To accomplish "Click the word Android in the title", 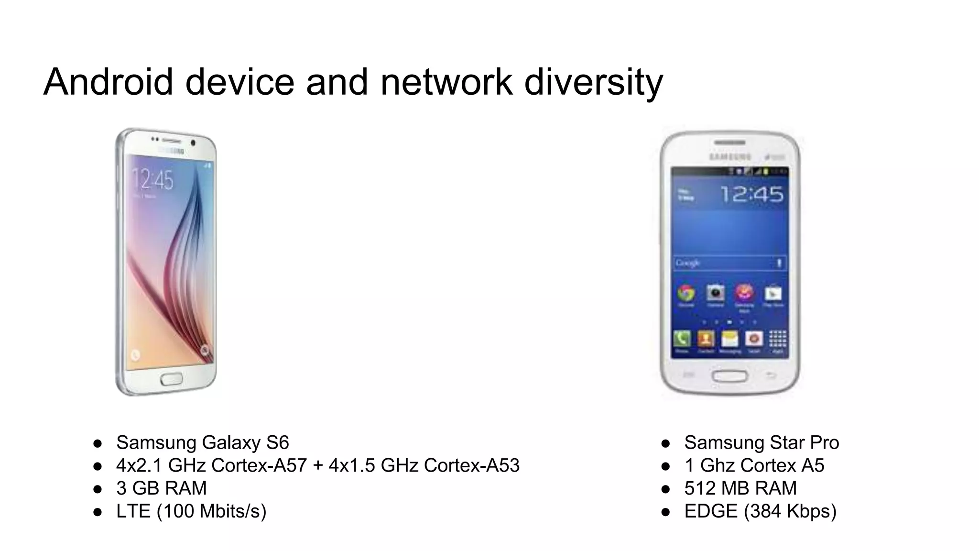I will click(x=108, y=82).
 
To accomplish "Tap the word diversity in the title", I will click(x=593, y=82).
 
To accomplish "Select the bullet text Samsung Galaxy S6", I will click(x=202, y=442).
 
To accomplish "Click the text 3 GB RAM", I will click(x=161, y=488).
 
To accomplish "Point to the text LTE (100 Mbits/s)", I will click(x=191, y=511).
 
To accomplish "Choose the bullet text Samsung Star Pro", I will click(x=761, y=442).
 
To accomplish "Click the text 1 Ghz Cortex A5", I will click(x=754, y=465).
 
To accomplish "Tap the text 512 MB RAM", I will click(x=740, y=488).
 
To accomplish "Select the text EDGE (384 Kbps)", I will click(x=760, y=511).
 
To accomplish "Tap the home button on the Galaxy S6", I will click(x=171, y=379).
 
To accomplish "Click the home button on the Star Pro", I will click(x=729, y=375).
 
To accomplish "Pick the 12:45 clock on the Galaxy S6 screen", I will click(x=152, y=180).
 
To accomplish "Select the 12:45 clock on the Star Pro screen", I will click(x=751, y=194).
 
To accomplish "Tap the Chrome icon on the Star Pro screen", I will click(x=686, y=293).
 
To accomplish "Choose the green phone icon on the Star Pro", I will click(x=682, y=339).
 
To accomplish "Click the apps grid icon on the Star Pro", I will click(x=777, y=339).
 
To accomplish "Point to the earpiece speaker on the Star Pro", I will click(x=729, y=143).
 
